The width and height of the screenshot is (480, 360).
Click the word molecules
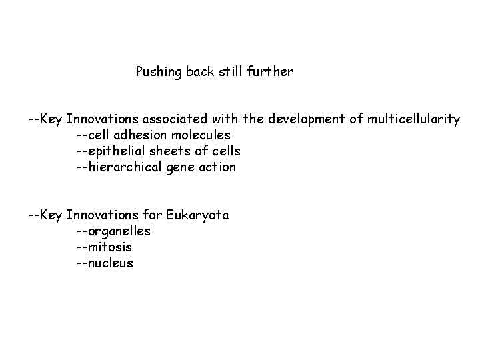click(198, 135)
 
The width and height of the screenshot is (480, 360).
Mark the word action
click(217, 167)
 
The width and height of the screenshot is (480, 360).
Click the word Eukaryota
click(197, 215)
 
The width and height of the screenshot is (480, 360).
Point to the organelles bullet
click(113, 231)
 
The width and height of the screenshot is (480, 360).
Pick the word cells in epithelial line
click(225, 151)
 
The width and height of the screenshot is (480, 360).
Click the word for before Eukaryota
click(153, 215)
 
